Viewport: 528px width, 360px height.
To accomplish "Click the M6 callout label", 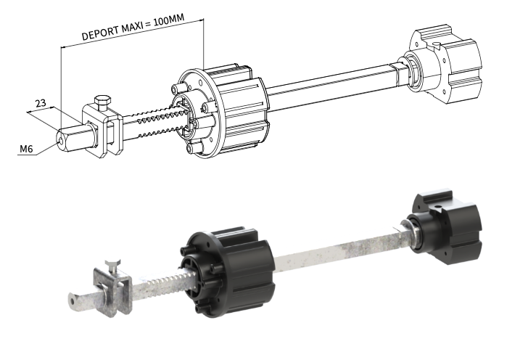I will [26, 150].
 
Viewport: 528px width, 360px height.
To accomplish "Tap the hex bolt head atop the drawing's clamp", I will [101, 101].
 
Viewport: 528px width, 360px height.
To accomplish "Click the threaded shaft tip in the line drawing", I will [70, 136].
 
